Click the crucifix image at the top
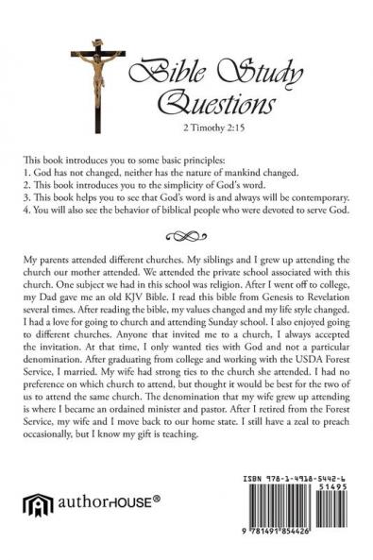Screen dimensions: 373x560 pos(97,76)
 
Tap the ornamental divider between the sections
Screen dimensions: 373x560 pos(187,236)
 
